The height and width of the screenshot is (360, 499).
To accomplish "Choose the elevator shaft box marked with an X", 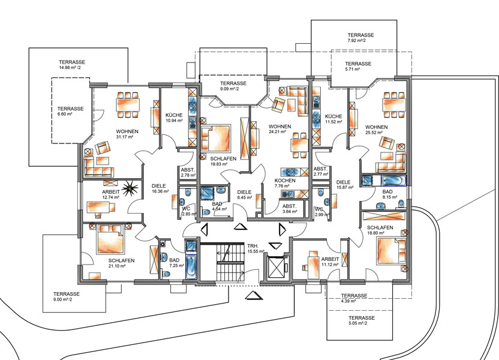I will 275,267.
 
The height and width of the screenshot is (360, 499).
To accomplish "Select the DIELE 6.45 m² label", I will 245,194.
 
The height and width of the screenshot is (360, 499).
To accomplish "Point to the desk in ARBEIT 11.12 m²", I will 312,264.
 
